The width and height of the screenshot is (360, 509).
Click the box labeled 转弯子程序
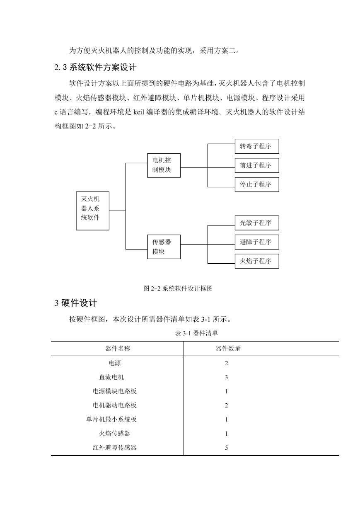pyautogui.click(x=257, y=146)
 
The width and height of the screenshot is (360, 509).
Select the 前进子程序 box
pyautogui.click(x=257, y=165)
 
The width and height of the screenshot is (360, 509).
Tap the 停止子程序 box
pyautogui.click(x=257, y=184)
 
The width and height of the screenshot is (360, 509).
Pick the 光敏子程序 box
pyautogui.click(x=257, y=223)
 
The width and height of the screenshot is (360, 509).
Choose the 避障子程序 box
pyautogui.click(x=257, y=242)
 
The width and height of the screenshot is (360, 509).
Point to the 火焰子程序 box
pyautogui.click(x=257, y=261)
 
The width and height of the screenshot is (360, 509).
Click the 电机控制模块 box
pyautogui.click(x=164, y=165)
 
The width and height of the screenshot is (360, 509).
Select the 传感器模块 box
pyautogui.click(x=164, y=247)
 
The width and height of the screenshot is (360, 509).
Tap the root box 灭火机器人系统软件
pyautogui.click(x=93, y=211)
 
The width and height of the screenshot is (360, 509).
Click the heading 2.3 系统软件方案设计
pyautogui.click(x=95, y=67)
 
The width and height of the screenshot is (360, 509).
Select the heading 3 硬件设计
pyautogui.click(x=76, y=303)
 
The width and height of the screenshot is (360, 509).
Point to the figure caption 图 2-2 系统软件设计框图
pyautogui.click(x=178, y=288)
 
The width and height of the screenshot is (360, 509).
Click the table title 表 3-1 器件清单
pyautogui.click(x=196, y=333)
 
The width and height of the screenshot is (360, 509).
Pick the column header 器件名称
pyautogui.click(x=118, y=348)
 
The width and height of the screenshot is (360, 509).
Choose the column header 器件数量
pyautogui.click(x=228, y=348)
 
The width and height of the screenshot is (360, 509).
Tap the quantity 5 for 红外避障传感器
pyautogui.click(x=227, y=448)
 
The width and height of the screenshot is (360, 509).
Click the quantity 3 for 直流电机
pyautogui.click(x=227, y=377)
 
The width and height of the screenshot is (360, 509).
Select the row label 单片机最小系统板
pyautogui.click(x=111, y=419)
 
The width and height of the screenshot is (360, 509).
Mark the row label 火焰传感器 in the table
pyautogui.click(x=114, y=433)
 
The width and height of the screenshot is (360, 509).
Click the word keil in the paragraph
pyautogui.click(x=138, y=112)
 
